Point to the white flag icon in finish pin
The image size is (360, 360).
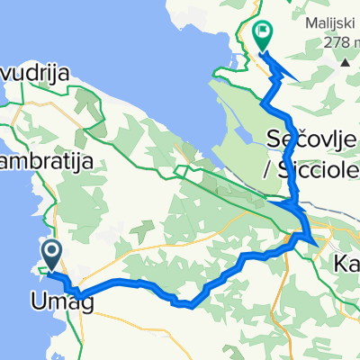pyautogui.click(x=264, y=34)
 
